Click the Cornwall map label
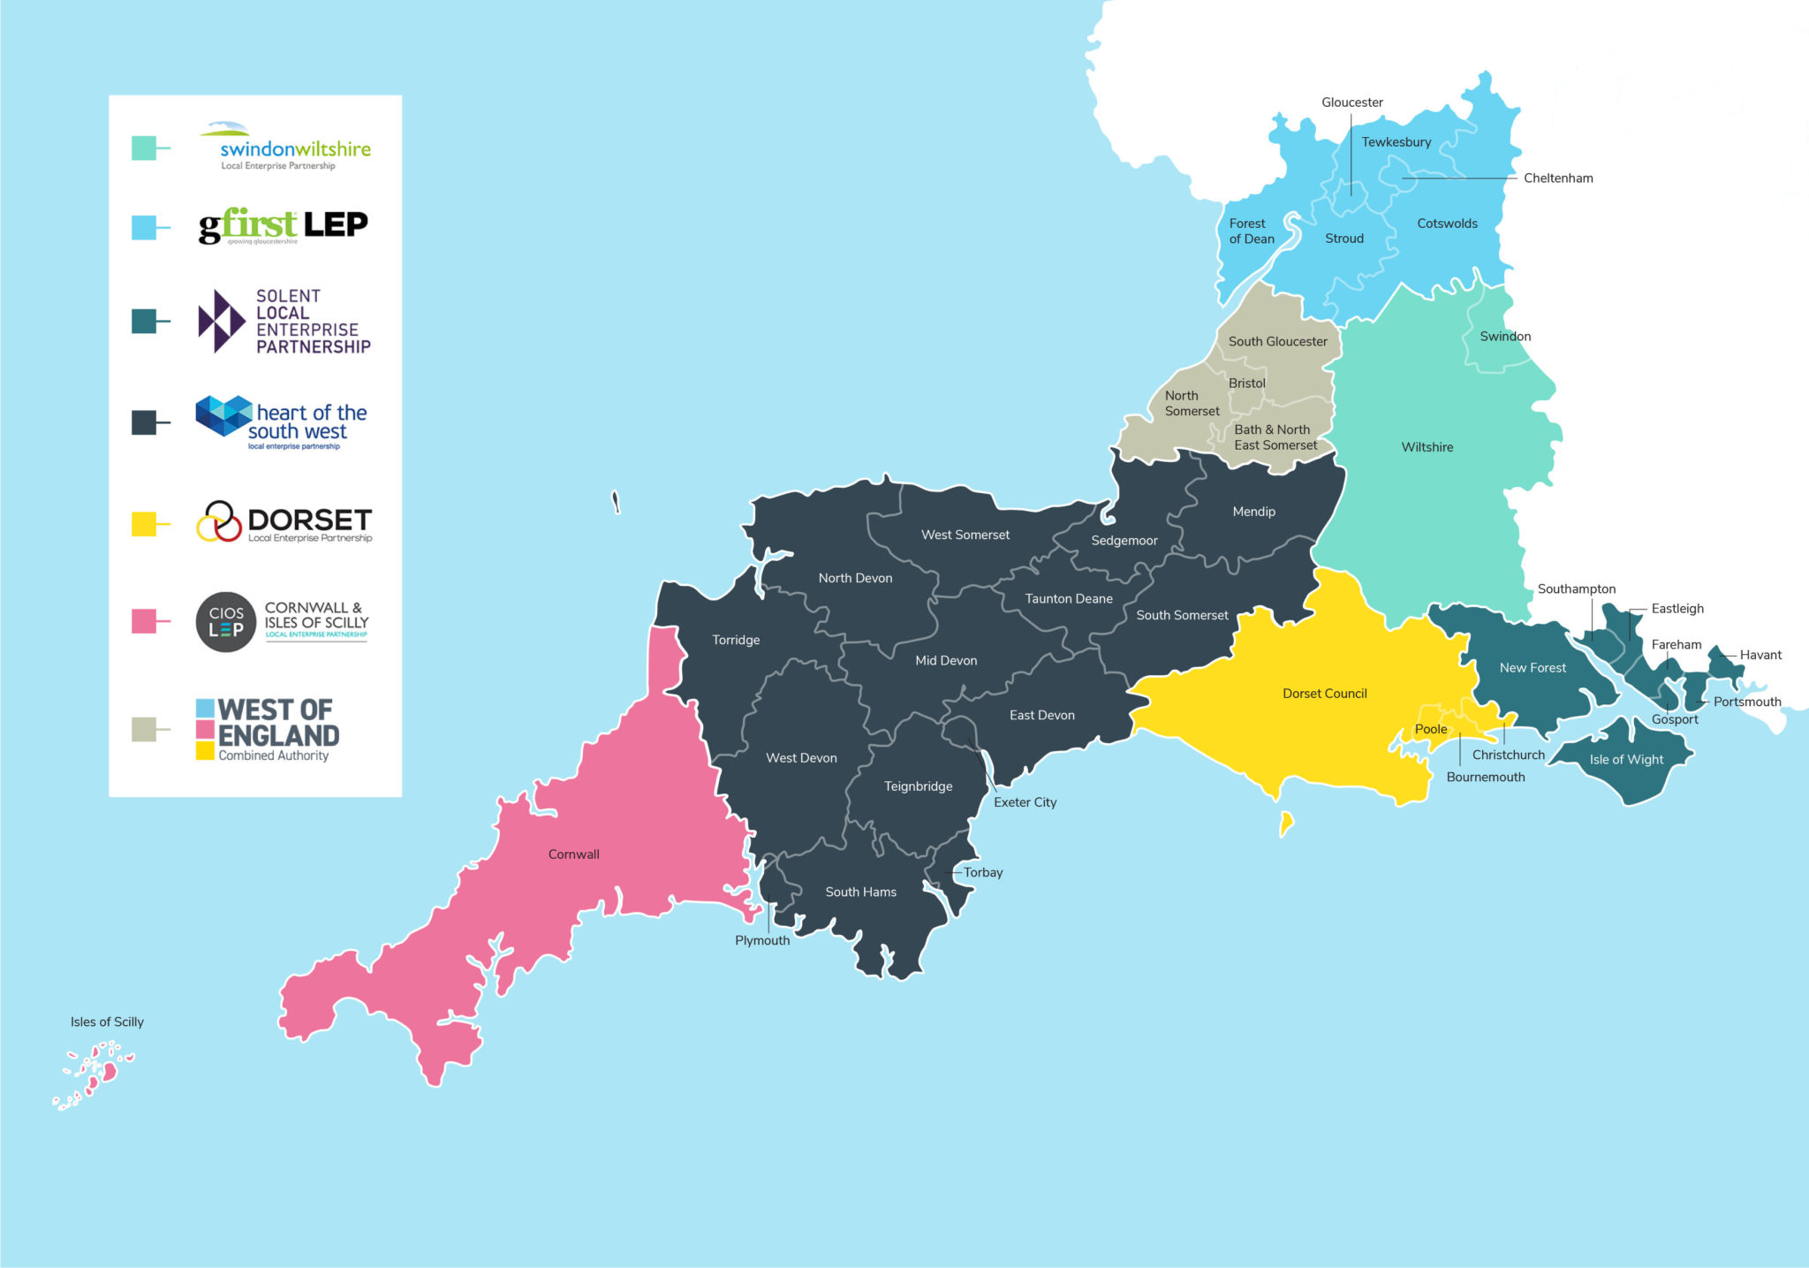(573, 854)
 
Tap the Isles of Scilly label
(107, 1021)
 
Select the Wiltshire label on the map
(1427, 447)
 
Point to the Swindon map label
(1505, 337)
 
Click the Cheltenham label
(1558, 178)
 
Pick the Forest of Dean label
(1252, 232)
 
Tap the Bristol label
(1246, 383)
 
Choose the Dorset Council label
(1324, 694)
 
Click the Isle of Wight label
(1625, 760)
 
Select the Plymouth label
(762, 940)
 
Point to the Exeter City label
(1025, 802)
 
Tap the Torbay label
(983, 872)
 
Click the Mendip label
(1253, 512)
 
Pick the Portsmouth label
(1746, 702)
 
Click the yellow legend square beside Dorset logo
(144, 524)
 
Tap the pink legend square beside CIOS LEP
(144, 621)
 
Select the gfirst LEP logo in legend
(283, 226)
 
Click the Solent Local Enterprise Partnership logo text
(313, 322)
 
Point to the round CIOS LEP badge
(226, 622)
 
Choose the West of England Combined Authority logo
(268, 730)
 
